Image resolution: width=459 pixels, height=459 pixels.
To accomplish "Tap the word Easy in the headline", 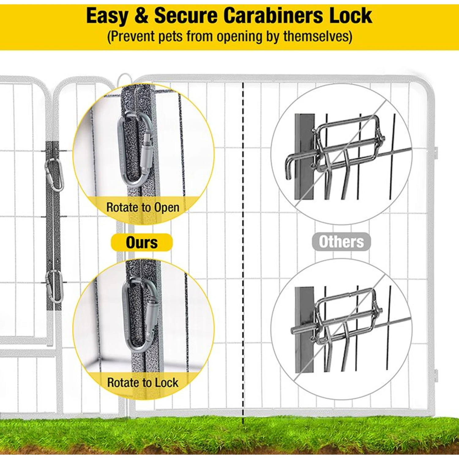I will click(x=107, y=16).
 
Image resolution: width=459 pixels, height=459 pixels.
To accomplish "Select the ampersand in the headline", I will click(x=141, y=16).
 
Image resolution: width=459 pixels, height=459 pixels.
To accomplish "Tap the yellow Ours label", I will click(x=142, y=242).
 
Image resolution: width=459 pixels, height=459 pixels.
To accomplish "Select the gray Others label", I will click(x=341, y=242).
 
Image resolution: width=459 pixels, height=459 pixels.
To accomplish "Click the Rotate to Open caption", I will click(x=143, y=207).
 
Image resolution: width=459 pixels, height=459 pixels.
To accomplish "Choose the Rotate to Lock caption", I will click(x=143, y=382).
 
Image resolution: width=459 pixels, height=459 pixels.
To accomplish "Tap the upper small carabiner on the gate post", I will click(x=54, y=174).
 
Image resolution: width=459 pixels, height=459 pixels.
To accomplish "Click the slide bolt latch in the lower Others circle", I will click(x=346, y=321).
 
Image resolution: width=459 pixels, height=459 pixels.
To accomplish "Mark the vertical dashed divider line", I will click(x=243, y=245).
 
